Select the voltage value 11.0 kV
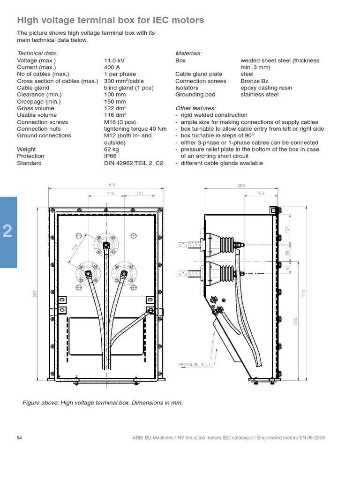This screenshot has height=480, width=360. tap(114, 60)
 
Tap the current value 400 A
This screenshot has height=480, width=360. tap(112, 67)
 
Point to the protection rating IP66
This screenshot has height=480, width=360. tap(111, 156)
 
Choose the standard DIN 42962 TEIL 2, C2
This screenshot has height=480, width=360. tap(134, 163)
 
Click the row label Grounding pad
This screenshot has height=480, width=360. tap(195, 95)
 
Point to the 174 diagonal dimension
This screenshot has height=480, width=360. tap(75, 247)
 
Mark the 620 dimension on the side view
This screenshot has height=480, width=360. tap(295, 321)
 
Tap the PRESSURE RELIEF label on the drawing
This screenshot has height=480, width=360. tap(196, 364)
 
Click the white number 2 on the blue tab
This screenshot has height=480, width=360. tap(8, 231)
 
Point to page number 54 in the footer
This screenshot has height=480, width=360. tap(20, 438)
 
